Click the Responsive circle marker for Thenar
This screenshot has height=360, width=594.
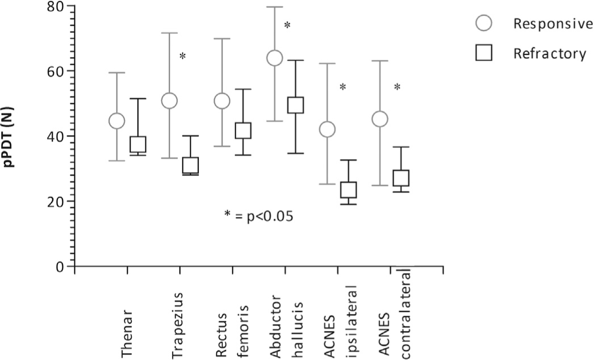point(116,121)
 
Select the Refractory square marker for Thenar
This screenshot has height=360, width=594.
point(138,144)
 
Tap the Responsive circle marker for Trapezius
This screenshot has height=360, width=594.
point(169,101)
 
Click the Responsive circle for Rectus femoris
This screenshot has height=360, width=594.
point(222,101)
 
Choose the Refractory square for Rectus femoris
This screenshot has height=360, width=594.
point(243,131)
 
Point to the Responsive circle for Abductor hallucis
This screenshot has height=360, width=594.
point(275,58)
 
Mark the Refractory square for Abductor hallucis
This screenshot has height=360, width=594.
point(296,105)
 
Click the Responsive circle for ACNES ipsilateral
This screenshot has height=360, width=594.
point(327,129)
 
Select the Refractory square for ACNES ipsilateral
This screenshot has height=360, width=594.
point(348,190)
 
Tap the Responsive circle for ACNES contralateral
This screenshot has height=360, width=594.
point(380,119)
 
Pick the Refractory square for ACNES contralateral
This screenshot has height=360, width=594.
point(401,178)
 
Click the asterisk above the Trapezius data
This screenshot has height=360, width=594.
point(182,56)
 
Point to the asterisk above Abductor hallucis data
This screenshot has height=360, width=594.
point(287,26)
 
